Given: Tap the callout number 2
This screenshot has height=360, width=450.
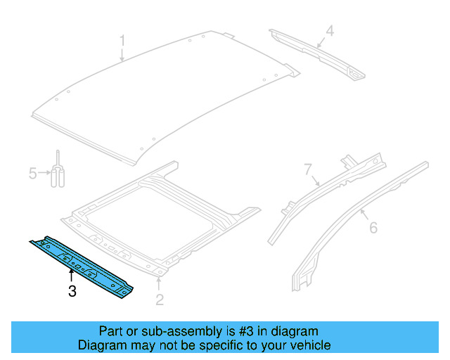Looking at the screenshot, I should [160, 300].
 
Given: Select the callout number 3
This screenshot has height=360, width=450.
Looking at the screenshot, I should [72, 291].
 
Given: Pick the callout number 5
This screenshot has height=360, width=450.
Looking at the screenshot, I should [32, 172].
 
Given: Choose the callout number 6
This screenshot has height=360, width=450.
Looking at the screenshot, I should [373, 226].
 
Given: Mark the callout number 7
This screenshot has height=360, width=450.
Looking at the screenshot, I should [307, 169].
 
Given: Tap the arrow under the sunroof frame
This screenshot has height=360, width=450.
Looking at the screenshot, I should [160, 283].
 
